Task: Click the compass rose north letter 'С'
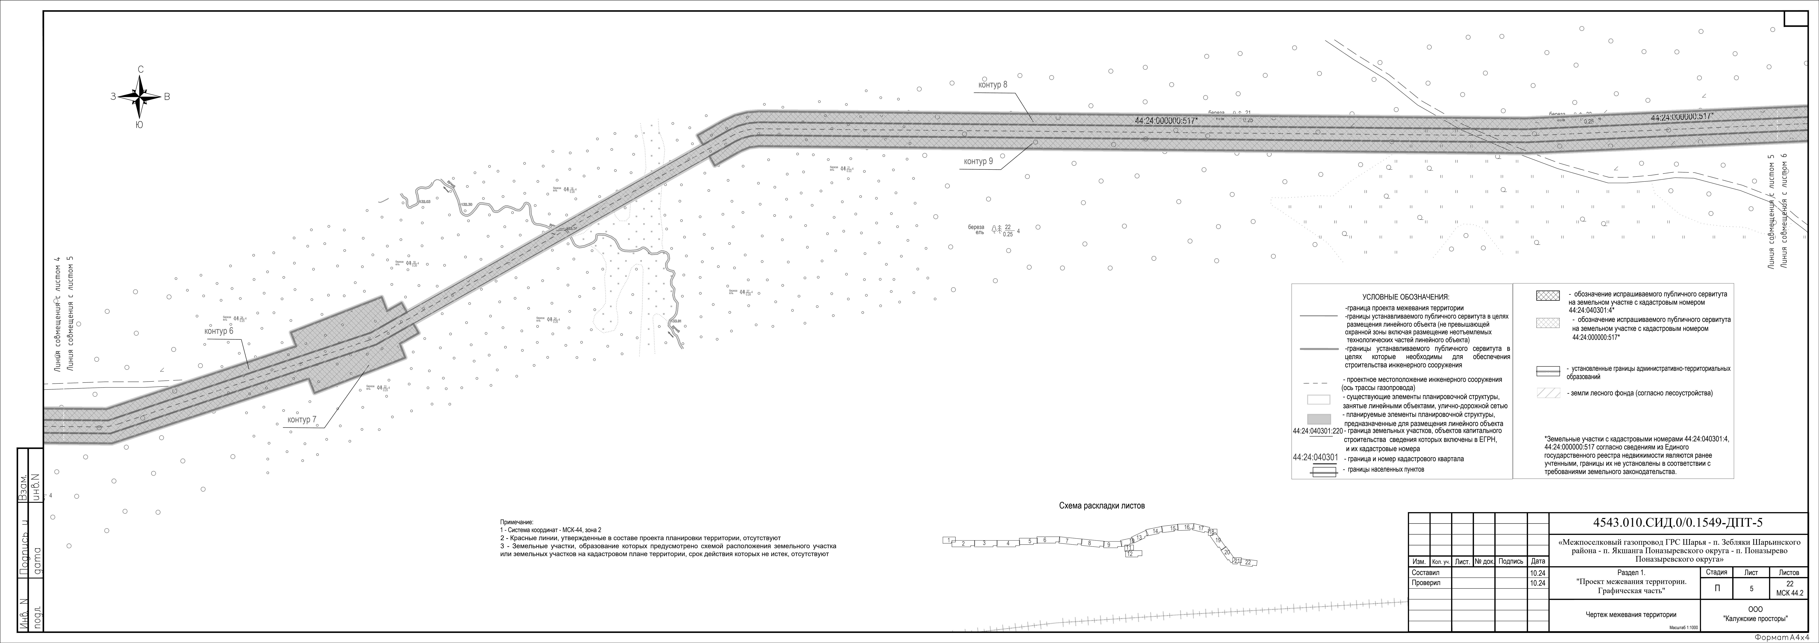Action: click(x=140, y=69)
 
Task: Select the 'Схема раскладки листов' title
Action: click(x=1102, y=506)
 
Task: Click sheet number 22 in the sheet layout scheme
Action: click(x=1248, y=563)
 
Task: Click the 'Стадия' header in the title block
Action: click(x=1716, y=572)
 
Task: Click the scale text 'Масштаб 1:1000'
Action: click(x=1684, y=627)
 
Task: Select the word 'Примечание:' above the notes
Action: click(x=516, y=521)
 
